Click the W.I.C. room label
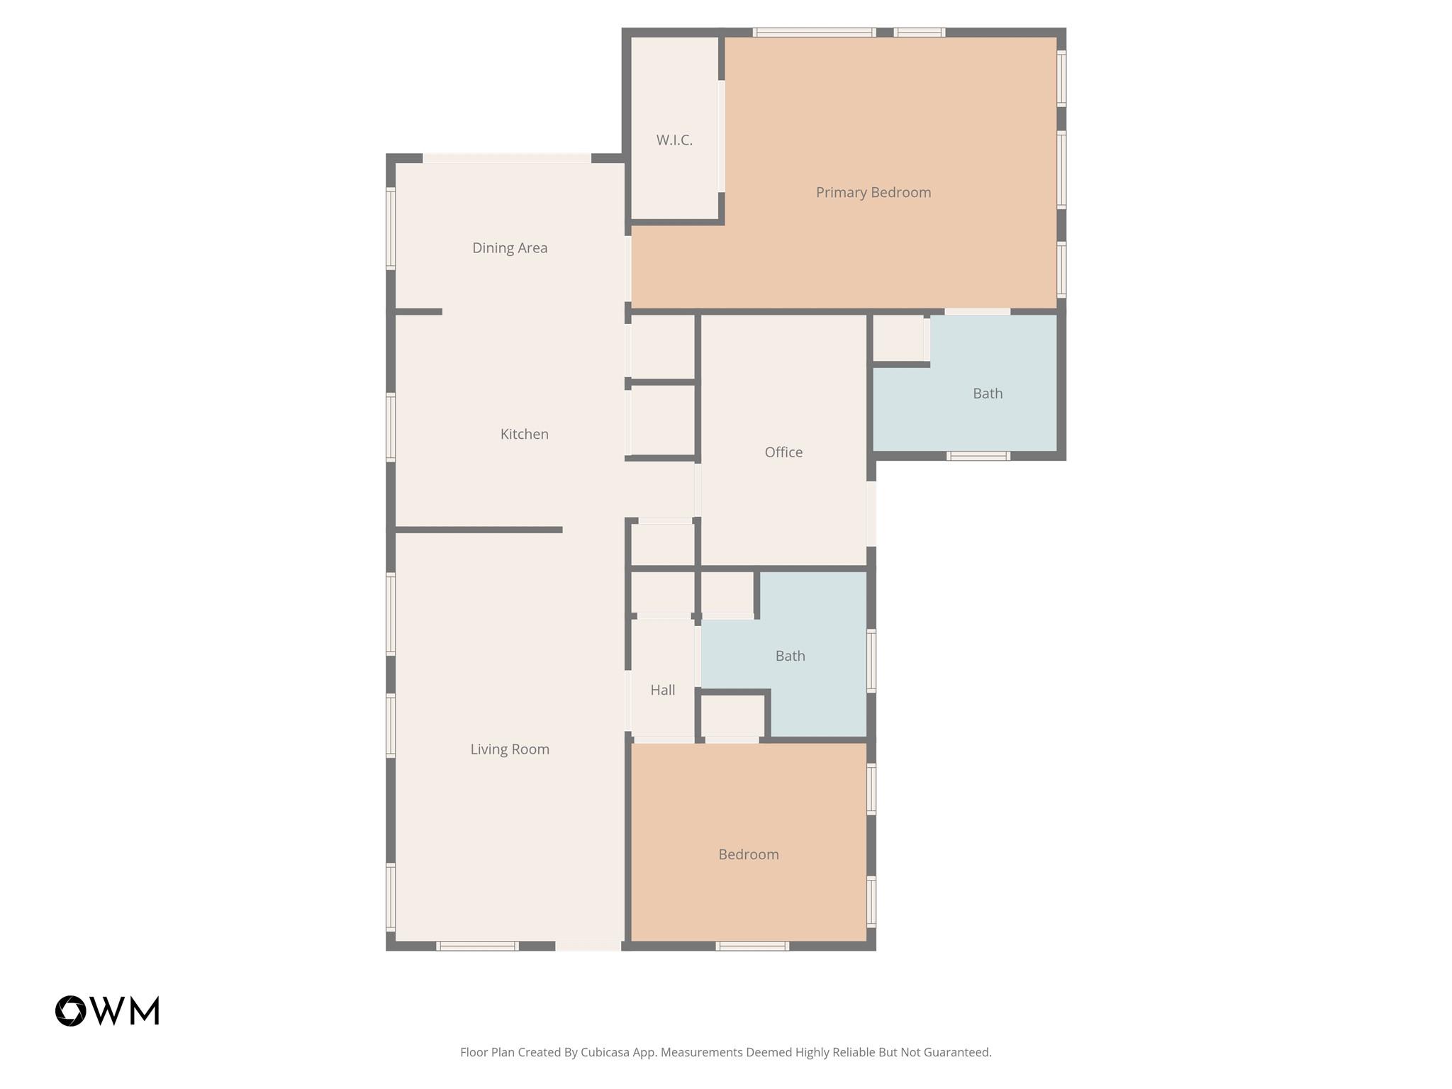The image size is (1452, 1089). click(x=674, y=140)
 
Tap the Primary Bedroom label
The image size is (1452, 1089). click(x=873, y=192)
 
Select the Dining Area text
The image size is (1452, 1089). click(x=510, y=248)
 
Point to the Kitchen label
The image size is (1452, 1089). click(x=524, y=434)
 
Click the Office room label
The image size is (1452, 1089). click(x=783, y=452)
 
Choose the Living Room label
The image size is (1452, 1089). click(x=510, y=749)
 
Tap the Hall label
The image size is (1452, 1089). click(x=662, y=690)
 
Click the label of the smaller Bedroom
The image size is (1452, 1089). click(x=748, y=854)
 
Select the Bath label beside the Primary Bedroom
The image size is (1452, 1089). click(x=987, y=393)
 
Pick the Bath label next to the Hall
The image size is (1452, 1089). click(x=790, y=656)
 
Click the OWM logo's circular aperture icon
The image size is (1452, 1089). click(x=71, y=1010)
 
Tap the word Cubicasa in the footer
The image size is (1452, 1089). click(x=606, y=1052)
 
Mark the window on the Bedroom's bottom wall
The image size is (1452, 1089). click(x=752, y=946)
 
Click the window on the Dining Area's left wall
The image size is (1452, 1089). click(x=391, y=228)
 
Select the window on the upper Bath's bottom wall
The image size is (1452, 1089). click(x=978, y=456)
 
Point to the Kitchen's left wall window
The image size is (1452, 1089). click(x=391, y=427)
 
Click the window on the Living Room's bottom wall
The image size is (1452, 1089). click(x=477, y=946)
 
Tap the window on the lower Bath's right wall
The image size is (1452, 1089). click(x=871, y=660)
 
